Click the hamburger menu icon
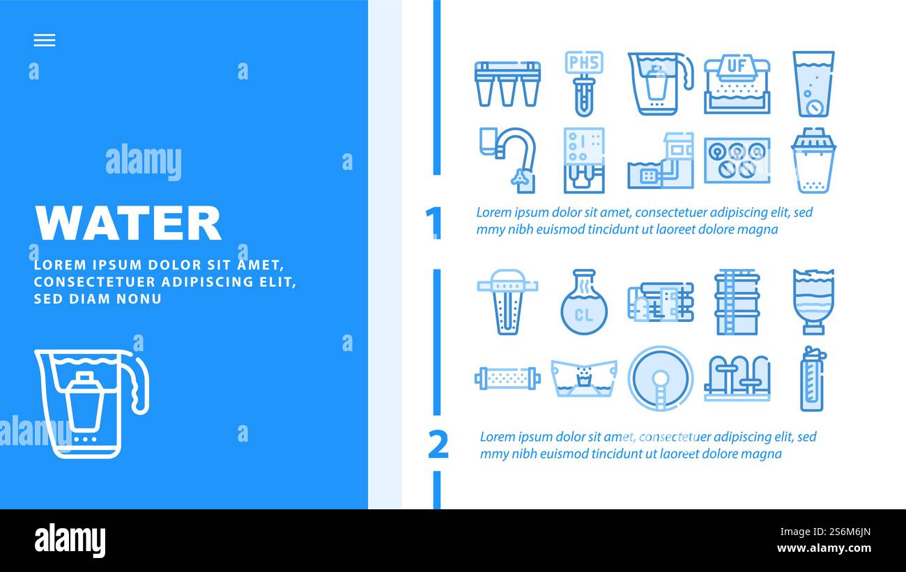tap(44, 40)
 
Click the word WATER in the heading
tap(128, 223)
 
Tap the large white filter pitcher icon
tap(91, 403)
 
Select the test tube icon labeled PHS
tap(583, 82)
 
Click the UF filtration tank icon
tap(737, 84)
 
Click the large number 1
tap(434, 223)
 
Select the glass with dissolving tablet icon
tap(813, 84)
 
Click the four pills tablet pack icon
tap(737, 160)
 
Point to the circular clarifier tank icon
tap(660, 378)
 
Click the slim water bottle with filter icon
tap(813, 378)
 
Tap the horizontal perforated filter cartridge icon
tap(507, 378)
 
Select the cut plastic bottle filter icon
tap(813, 302)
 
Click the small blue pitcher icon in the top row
tap(659, 82)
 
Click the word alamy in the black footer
tap(70, 540)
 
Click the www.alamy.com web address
tap(824, 549)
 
